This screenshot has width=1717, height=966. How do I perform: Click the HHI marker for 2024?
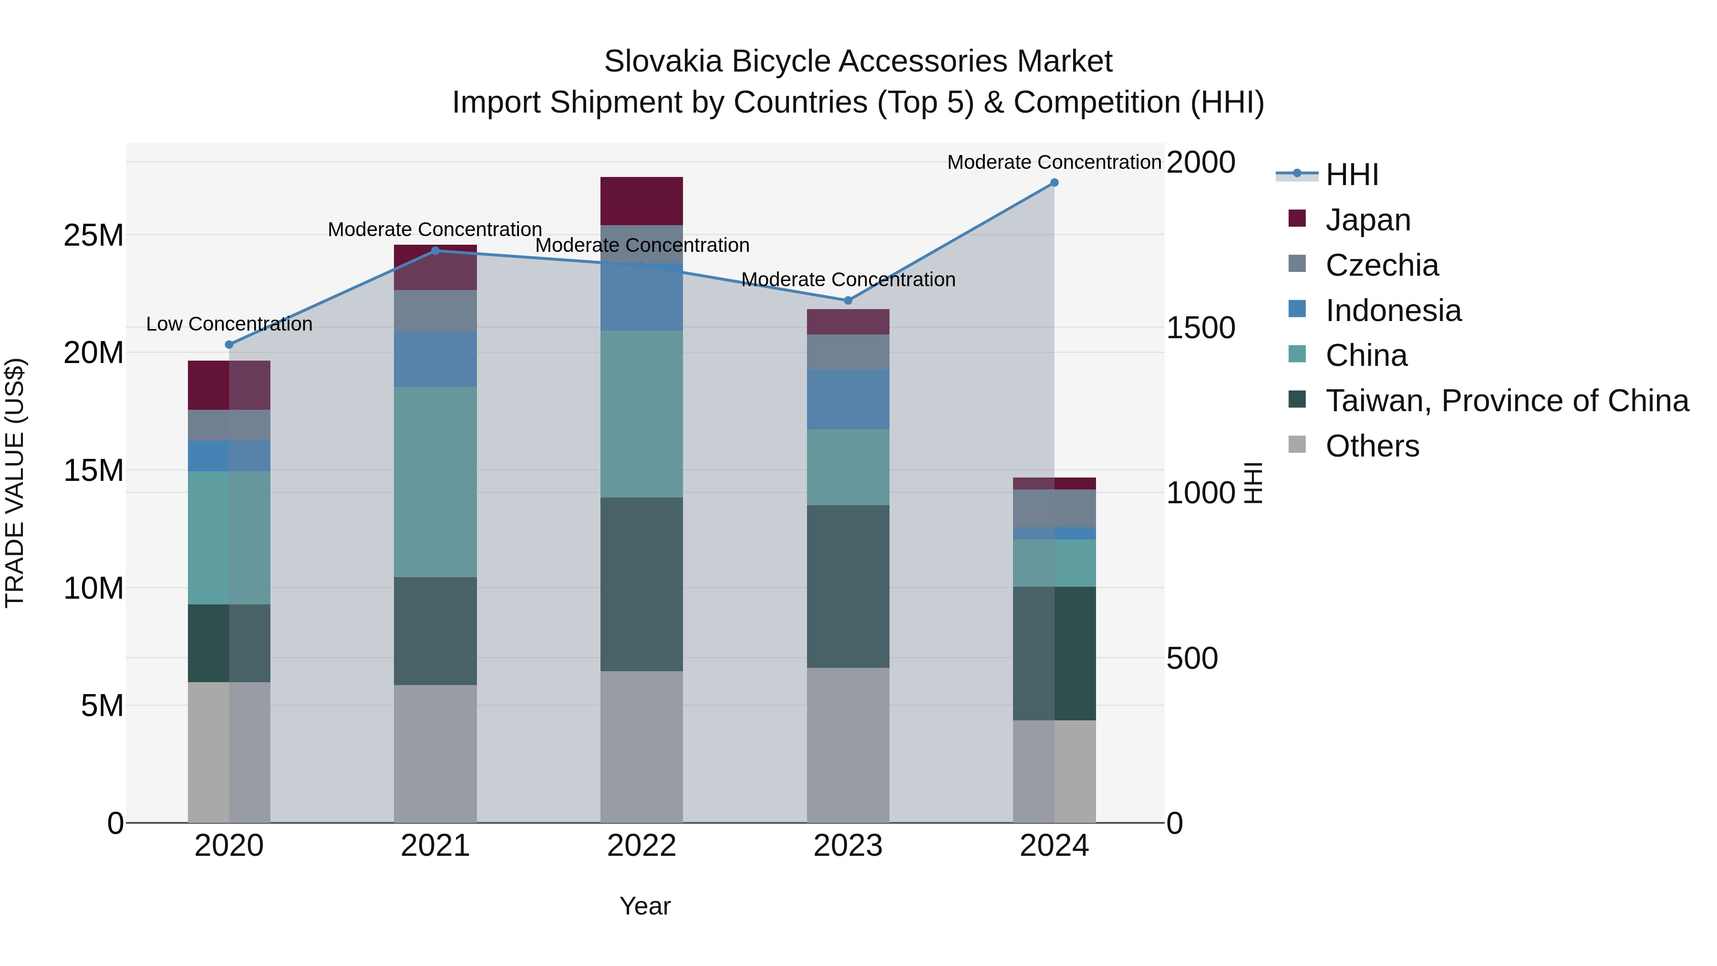pyautogui.click(x=1054, y=183)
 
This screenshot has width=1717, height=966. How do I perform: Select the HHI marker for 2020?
pyautogui.click(x=229, y=345)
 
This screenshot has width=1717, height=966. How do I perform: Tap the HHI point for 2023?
pyautogui.click(x=848, y=301)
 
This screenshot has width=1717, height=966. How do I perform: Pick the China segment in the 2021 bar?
pyautogui.click(x=435, y=481)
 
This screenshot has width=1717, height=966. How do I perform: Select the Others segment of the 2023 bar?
pyautogui.click(x=848, y=745)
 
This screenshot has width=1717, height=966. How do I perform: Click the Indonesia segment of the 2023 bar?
pyautogui.click(x=848, y=399)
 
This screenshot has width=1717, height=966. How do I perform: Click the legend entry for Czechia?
pyautogui.click(x=1381, y=265)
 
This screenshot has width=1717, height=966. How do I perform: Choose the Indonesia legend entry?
pyautogui.click(x=1393, y=311)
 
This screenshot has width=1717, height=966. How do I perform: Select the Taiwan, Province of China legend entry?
pyautogui.click(x=1506, y=401)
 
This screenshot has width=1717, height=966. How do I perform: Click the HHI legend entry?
pyautogui.click(x=1351, y=175)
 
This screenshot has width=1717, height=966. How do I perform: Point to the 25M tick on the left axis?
pyautogui.click(x=93, y=235)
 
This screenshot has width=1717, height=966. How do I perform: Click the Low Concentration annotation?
pyautogui.click(x=229, y=324)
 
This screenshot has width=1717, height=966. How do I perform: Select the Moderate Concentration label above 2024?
pyautogui.click(x=1054, y=162)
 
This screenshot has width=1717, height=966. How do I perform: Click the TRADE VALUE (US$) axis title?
pyautogui.click(x=15, y=483)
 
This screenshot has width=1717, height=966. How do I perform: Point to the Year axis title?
pyautogui.click(x=644, y=906)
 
